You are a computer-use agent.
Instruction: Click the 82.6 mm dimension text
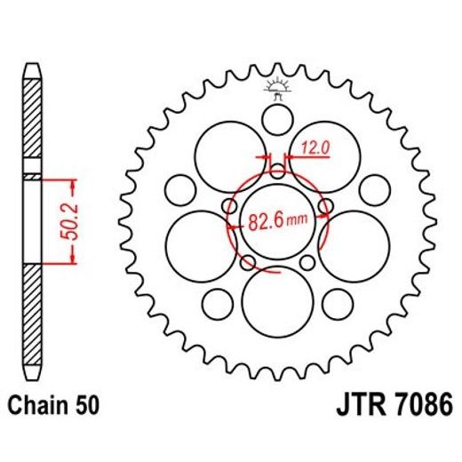[x=277, y=219]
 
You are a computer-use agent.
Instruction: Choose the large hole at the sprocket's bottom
[x=275, y=299]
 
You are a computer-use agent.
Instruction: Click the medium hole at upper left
[x=180, y=187]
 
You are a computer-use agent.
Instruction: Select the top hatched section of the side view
[x=32, y=120]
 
